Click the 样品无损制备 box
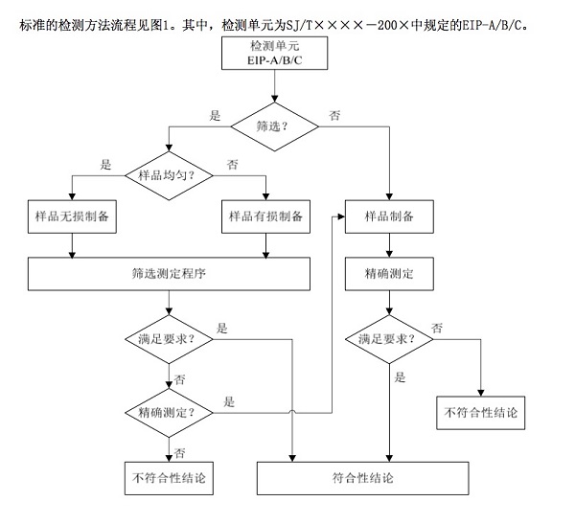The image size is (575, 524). [73, 216]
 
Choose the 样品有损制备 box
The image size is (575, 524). [265, 216]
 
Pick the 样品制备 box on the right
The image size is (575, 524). [389, 216]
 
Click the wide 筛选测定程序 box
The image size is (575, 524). [169, 273]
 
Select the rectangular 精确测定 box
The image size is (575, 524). [389, 273]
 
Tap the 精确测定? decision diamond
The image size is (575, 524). [169, 412]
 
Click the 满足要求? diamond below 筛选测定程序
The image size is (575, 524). [169, 340]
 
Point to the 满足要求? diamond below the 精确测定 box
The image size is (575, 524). [389, 340]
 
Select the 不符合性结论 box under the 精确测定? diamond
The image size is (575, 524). [169, 477]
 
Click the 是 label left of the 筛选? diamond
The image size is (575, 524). [216, 115]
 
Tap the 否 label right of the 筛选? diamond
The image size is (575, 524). [334, 115]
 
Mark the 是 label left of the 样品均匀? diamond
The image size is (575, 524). [105, 165]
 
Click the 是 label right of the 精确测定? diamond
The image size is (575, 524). [230, 402]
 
